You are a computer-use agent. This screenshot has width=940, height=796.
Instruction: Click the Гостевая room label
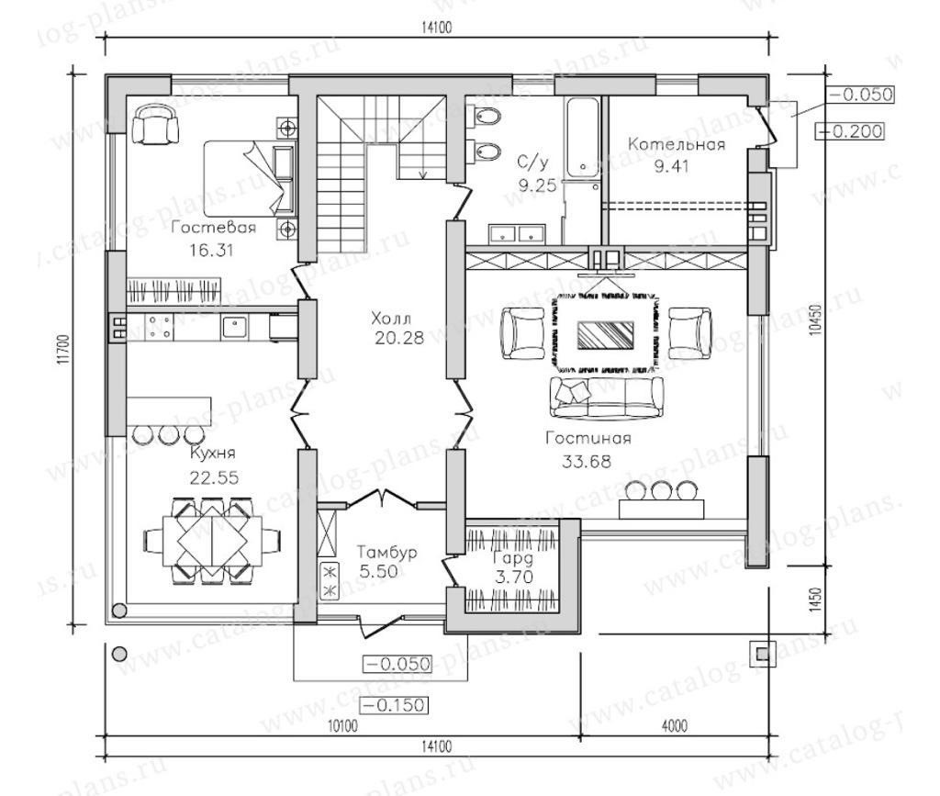(x=213, y=228)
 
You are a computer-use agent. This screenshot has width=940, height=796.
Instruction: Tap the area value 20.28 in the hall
(x=398, y=338)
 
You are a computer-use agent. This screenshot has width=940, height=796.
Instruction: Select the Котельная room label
(x=677, y=144)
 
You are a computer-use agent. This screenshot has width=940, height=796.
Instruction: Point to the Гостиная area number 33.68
(x=587, y=461)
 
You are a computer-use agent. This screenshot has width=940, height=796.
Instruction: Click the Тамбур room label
(x=386, y=552)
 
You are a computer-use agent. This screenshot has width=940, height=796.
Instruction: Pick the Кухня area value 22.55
(x=214, y=477)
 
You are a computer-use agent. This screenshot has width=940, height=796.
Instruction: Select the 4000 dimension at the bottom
(x=675, y=726)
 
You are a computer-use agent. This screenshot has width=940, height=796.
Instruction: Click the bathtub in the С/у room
(x=581, y=137)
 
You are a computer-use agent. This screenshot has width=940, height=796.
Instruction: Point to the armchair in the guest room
(x=156, y=124)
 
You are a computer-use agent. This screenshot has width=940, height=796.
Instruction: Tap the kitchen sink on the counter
(x=234, y=327)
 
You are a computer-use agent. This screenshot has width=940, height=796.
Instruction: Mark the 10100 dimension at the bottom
(x=343, y=726)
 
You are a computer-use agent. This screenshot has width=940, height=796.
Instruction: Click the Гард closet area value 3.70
(x=514, y=577)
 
